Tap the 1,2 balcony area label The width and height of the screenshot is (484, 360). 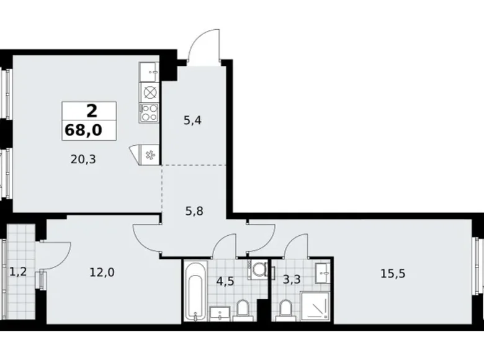click(17, 272)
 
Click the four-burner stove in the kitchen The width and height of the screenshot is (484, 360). click(150, 112)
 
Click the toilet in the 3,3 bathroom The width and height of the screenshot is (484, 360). click(285, 308)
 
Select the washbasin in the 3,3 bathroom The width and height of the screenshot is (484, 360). click(322, 271)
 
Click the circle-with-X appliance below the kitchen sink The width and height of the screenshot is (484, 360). click(150, 92)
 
